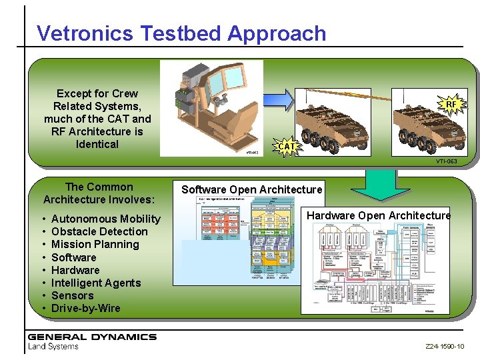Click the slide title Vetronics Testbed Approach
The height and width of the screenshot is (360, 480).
point(181,33)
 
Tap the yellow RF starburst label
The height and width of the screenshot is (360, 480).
point(451,104)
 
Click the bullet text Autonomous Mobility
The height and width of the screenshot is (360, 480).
point(105,219)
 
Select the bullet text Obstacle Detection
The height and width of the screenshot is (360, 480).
point(99,231)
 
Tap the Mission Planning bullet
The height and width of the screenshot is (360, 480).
point(95,244)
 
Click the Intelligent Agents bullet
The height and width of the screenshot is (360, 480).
point(96,283)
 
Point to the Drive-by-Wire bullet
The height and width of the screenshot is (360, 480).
point(85,308)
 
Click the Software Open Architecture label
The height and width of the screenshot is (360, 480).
point(251,190)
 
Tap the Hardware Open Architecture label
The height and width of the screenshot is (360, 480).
point(378,215)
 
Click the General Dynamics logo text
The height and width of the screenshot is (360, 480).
point(92,337)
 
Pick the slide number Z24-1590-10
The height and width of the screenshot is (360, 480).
point(445,347)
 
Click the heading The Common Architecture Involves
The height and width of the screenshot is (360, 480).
point(99,193)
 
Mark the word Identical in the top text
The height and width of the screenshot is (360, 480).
point(97,144)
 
